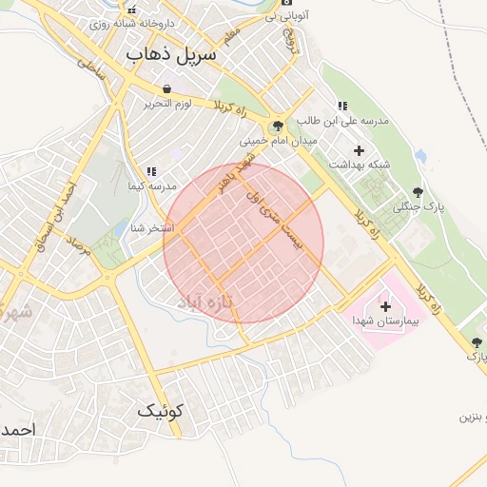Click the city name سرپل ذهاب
click(x=171, y=54)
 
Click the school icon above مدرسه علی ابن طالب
click(x=341, y=106)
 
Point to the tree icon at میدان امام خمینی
click(x=278, y=126)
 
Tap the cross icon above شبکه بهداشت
click(x=359, y=150)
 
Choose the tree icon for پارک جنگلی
click(x=418, y=193)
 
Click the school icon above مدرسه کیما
click(x=150, y=172)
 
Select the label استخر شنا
click(x=151, y=227)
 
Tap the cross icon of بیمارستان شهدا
click(x=385, y=306)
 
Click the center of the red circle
click(x=243, y=243)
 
